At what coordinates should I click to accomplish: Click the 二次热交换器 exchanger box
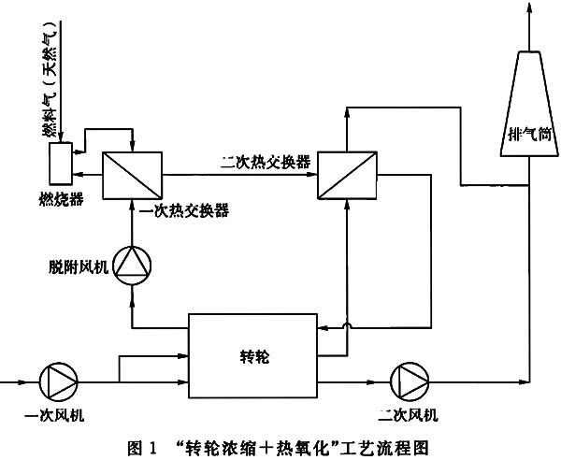(346, 172)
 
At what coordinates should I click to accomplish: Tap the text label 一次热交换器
(183, 211)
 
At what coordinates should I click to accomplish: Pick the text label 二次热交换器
(266, 159)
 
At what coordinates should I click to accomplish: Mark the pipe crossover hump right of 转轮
(347, 325)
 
